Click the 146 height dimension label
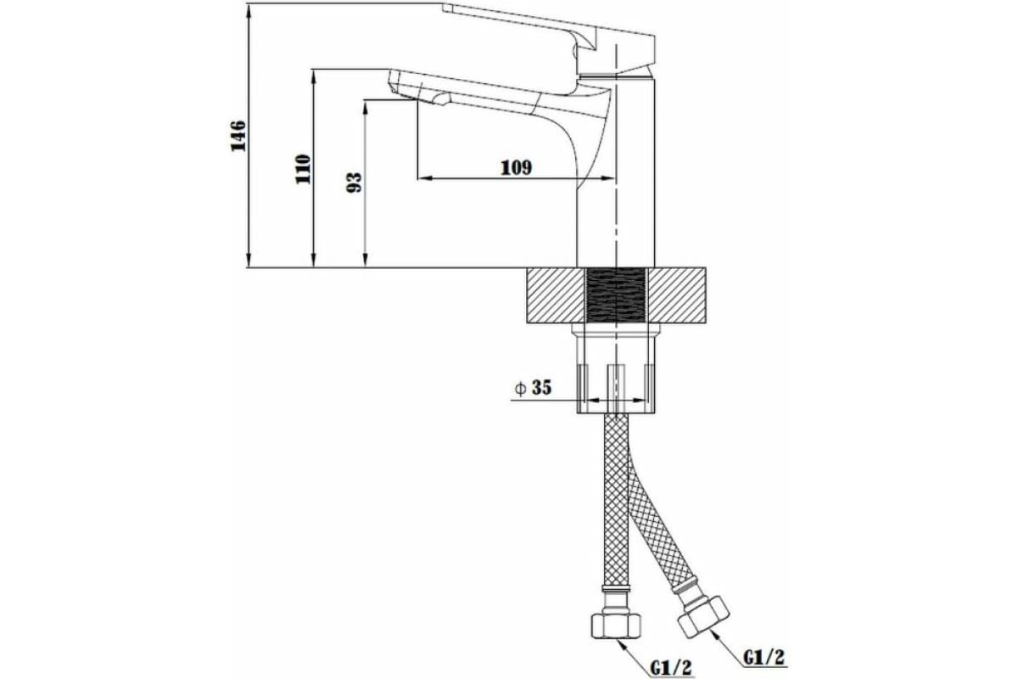(238, 136)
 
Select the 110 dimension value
(303, 169)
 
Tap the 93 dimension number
(354, 182)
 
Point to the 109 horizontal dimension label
(517, 168)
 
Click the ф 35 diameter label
(533, 388)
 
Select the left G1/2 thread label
(671, 667)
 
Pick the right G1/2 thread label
(764, 657)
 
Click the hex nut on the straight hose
(616, 626)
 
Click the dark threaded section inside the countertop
(616, 295)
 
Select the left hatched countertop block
(557, 295)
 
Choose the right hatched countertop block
(676, 295)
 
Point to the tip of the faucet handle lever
(443, 5)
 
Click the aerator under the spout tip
(442, 98)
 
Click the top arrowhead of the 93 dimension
(366, 108)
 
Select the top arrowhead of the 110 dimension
(313, 77)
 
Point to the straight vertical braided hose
(616, 500)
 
